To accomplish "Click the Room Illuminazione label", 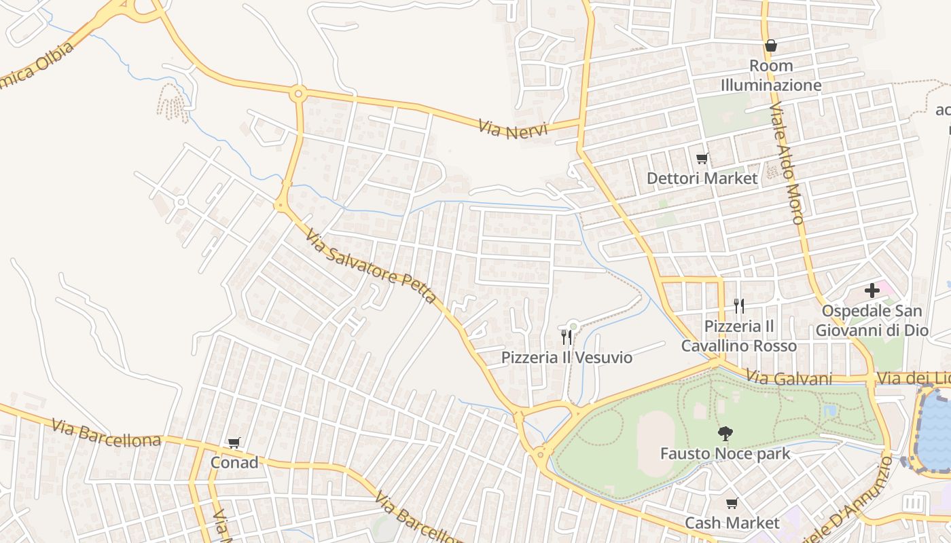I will point(770,75).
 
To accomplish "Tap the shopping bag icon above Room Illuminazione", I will point(770,45).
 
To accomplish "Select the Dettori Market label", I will point(702,179).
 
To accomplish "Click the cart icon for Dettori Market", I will point(702,158).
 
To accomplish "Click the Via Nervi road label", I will point(512,128).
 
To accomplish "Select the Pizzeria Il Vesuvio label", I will point(567,358).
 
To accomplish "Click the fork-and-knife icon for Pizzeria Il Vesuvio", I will point(566,337).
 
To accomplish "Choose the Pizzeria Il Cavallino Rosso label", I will point(739,336).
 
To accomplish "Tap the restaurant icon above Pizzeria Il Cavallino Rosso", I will point(739,306).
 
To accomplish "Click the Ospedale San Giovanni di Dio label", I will point(872,320).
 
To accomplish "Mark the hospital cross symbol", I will point(872,291).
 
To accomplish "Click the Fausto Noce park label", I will point(725,453).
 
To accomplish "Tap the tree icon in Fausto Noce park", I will point(725,433).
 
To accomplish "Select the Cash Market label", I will point(732,523).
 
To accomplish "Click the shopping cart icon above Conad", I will point(234,443).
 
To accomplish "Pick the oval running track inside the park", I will point(655,445).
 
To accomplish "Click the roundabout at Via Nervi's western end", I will point(298,94).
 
